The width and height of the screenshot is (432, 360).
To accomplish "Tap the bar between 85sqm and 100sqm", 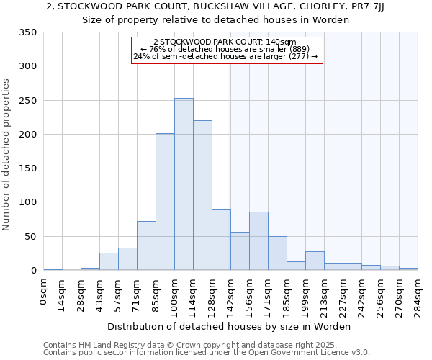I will click(165, 202).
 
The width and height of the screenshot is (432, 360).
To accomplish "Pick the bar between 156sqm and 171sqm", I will click(258, 241).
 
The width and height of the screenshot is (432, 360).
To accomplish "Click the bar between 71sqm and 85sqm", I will click(146, 246).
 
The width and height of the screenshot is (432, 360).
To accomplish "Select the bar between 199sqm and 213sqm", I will click(315, 261).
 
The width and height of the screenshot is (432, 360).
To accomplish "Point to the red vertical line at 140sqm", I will click(228, 166).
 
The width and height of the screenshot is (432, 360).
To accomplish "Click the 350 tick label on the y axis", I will click(27, 32).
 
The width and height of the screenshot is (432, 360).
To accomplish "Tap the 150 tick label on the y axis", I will click(27, 168).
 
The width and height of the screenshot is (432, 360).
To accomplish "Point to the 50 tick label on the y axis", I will click(30, 237).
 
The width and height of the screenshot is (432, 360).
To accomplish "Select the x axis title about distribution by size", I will click(229, 326).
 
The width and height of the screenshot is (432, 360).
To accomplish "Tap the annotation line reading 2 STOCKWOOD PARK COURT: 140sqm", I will click(225, 42).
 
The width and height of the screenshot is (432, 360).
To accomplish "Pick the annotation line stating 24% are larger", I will click(225, 57).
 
